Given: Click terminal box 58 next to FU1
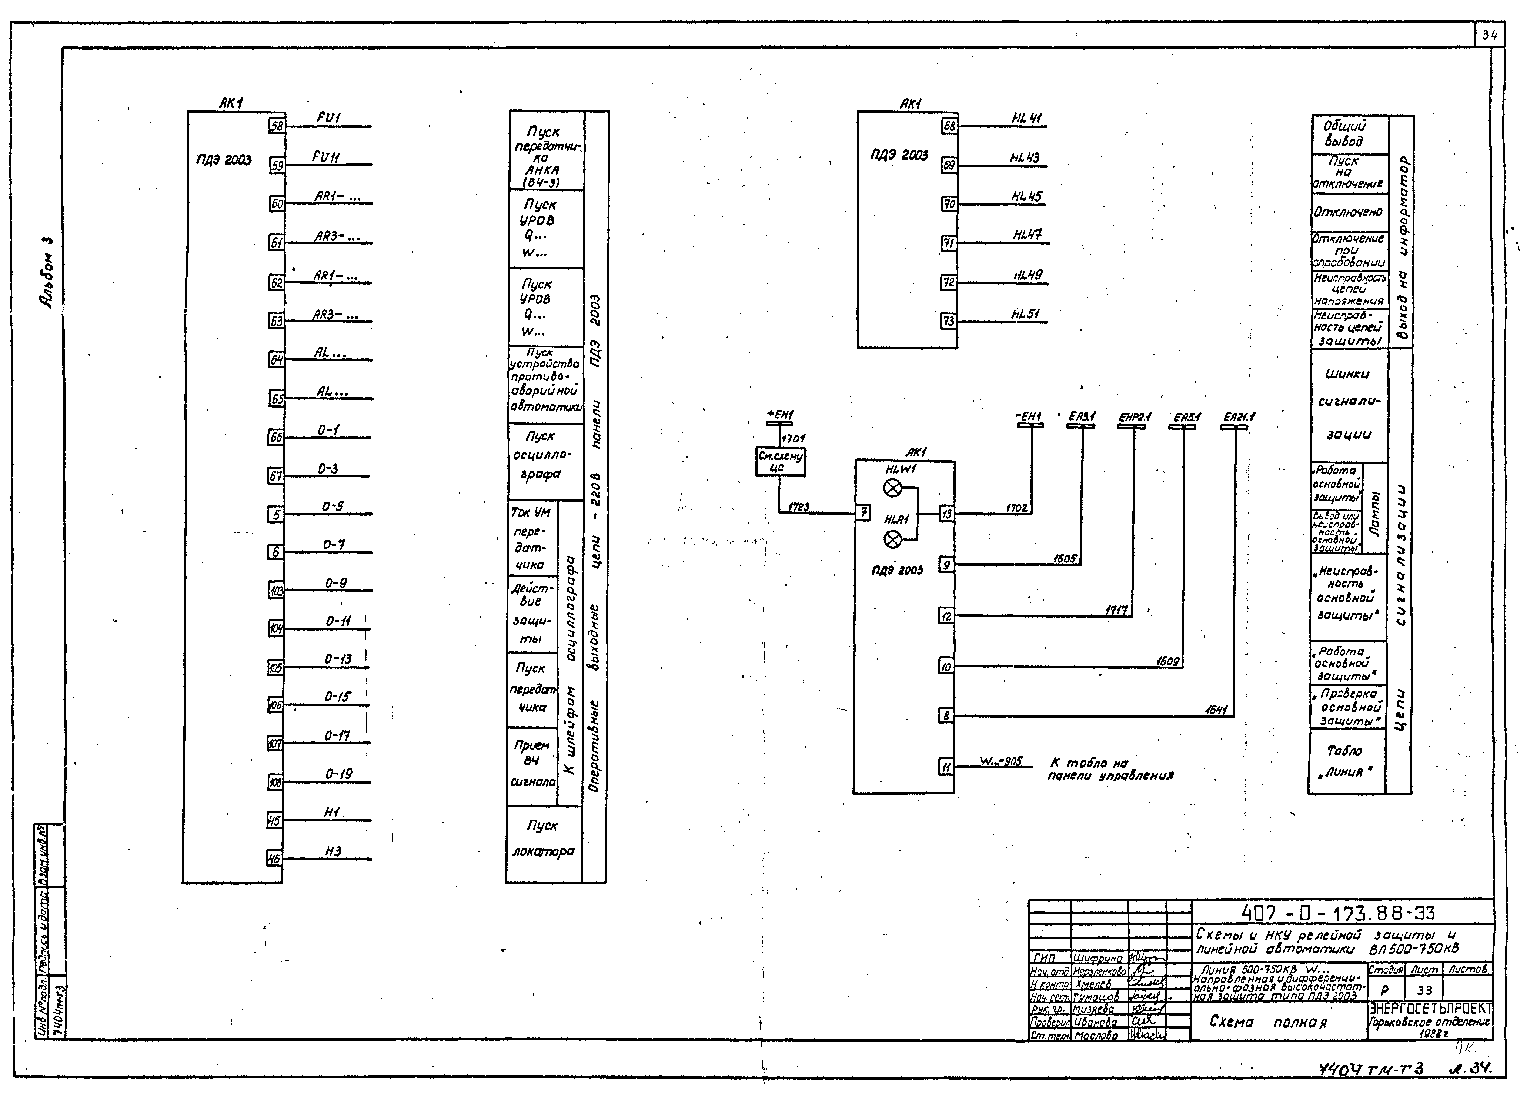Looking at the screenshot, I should click(x=276, y=125).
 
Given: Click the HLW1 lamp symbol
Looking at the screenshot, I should click(x=893, y=489).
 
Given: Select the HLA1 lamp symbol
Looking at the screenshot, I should click(x=893, y=539).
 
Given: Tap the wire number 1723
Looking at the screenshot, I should click(x=798, y=507).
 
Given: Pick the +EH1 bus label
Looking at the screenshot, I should click(x=779, y=416).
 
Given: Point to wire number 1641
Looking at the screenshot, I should click(x=1216, y=709).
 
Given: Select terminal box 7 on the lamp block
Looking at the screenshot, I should click(x=864, y=514).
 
